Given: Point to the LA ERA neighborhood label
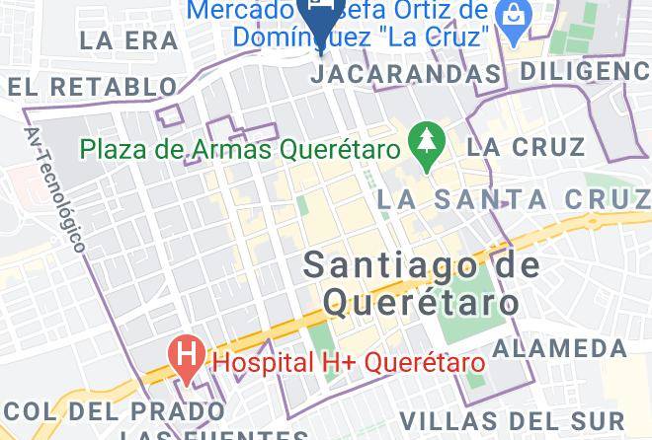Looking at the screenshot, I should [x=129, y=40].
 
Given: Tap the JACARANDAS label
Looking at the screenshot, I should [x=410, y=74].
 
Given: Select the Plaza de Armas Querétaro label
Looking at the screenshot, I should [x=240, y=151].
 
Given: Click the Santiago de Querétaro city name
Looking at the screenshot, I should [x=422, y=282].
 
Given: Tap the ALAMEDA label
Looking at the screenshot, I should [x=559, y=348].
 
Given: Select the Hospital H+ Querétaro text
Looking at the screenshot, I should [x=350, y=362].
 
